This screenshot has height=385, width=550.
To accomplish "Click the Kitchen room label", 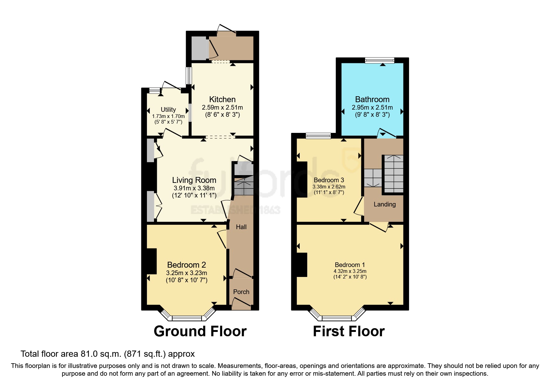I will point(222,99).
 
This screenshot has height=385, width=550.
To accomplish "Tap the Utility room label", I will point(168,110).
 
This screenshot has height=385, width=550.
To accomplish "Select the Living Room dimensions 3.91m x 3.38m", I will point(194,188).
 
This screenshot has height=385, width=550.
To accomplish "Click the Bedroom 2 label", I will point(186,265).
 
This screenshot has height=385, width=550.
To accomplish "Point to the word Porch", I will point(241,292).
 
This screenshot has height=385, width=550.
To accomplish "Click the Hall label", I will point(241,227).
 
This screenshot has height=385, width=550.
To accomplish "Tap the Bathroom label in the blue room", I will point(372,99).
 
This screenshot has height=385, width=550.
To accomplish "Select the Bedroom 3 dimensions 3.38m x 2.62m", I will point(329,187).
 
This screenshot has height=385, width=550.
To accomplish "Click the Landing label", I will point(384,204).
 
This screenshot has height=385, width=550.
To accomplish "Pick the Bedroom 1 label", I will point(350,265).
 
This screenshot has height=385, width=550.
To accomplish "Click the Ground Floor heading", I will point(200,331).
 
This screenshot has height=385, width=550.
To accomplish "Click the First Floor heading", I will point(348,331).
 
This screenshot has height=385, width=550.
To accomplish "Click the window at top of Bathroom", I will point(380,61).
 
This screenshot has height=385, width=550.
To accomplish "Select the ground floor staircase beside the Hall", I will point(243,186).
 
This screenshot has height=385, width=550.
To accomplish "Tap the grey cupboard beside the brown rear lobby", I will point(198,48).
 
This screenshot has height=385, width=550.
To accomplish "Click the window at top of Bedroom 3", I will point(318,136).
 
